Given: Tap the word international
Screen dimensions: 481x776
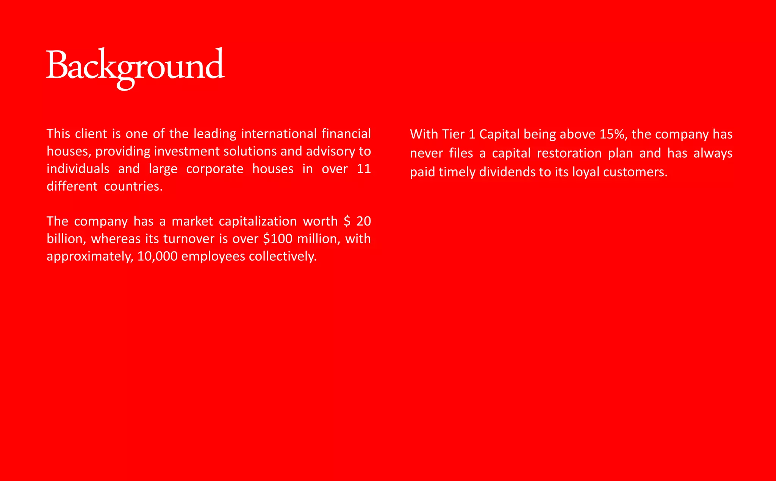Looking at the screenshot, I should pos(278,134).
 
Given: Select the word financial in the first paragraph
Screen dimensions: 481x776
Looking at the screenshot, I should pos(346,134).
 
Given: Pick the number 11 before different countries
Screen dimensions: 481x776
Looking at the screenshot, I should pos(363,169).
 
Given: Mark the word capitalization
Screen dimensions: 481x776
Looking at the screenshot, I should pos(258,221).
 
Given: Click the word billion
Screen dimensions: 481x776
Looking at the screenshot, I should pos(65,239).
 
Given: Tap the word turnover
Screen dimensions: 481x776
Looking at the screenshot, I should pos(189,239).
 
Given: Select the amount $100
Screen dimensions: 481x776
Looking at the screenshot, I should pos(278,239).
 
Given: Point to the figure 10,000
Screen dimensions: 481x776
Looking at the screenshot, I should pos(157,257).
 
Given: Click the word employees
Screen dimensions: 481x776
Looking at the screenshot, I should pos(213,257).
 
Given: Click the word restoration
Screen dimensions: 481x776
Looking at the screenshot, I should pos(569,153).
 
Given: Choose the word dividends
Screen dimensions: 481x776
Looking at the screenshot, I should pos(507,172).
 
